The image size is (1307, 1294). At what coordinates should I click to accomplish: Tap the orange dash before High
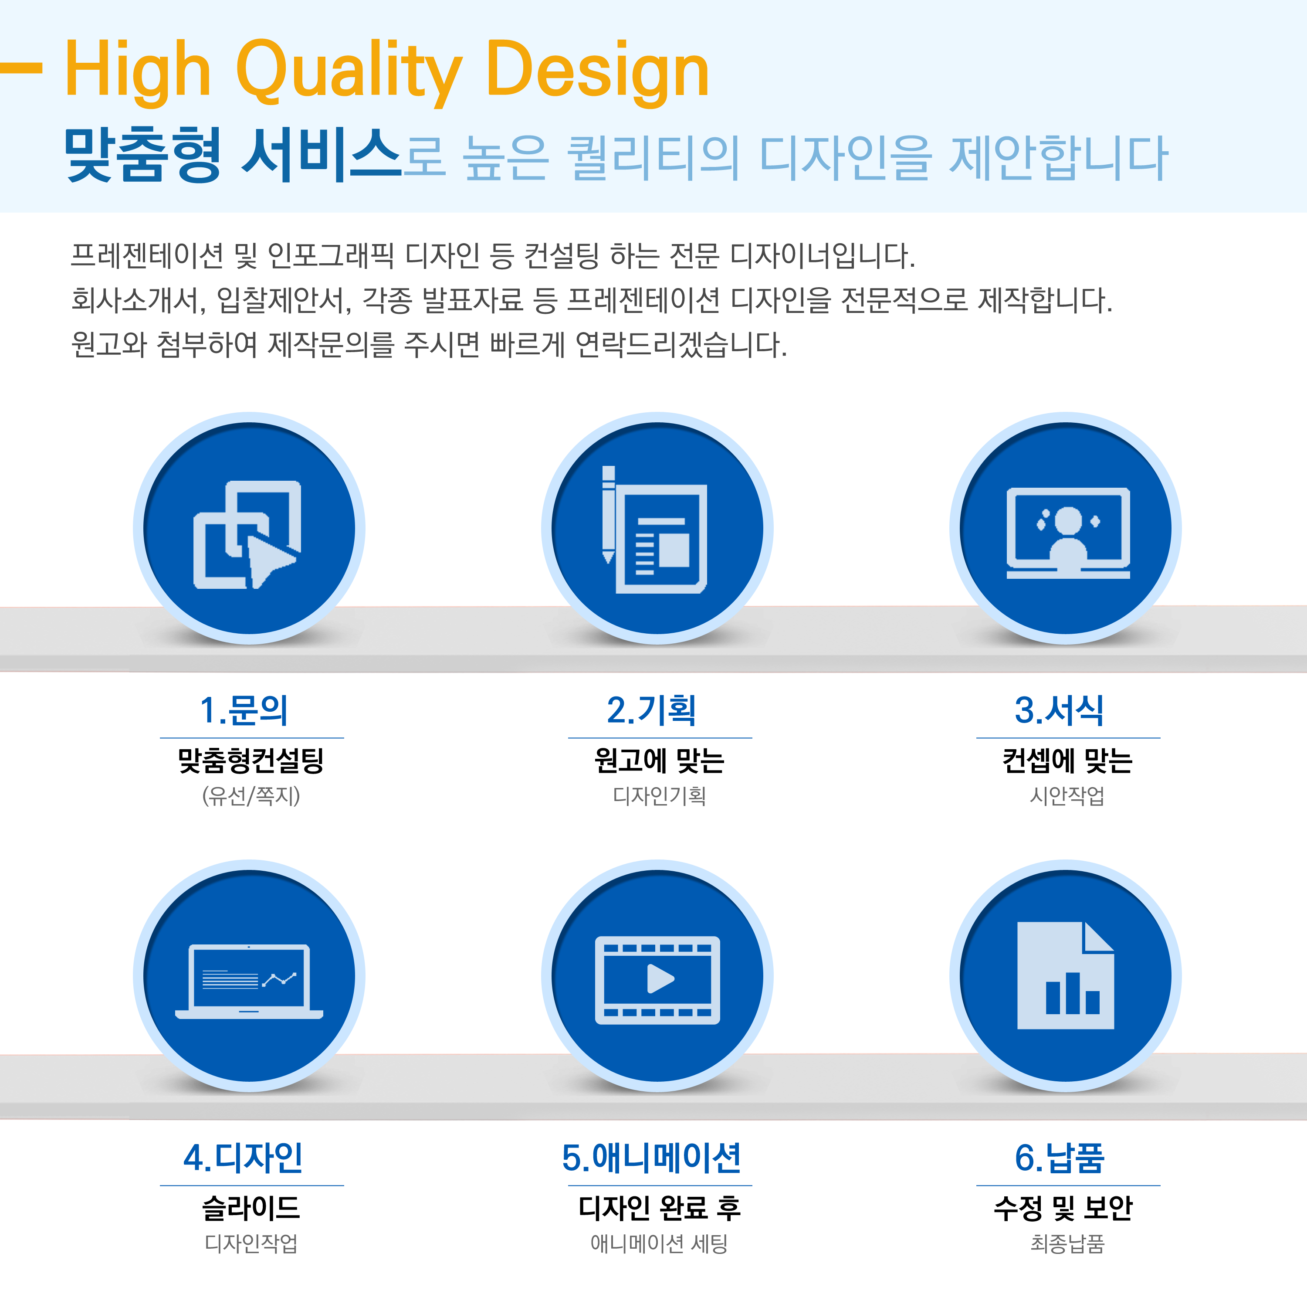point(21,68)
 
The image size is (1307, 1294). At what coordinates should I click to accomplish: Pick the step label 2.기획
point(651,710)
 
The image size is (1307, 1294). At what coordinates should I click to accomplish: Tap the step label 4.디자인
point(244,1158)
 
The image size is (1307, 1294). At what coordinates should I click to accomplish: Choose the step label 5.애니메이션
point(651,1158)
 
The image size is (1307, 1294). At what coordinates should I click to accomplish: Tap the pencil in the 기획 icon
point(608,514)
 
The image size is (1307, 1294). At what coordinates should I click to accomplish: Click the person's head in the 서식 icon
point(1068,520)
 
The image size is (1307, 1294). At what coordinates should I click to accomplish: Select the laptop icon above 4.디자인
point(249,982)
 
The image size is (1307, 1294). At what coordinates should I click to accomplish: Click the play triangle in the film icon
point(660,978)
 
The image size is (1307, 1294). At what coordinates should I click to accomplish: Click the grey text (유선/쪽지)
point(251,796)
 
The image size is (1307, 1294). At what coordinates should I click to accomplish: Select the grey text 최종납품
point(1067,1244)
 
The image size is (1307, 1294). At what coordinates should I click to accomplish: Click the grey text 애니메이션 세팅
point(659,1244)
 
